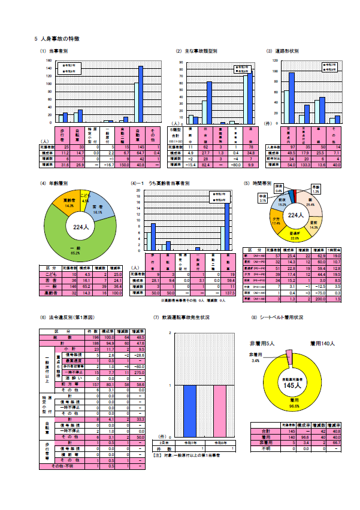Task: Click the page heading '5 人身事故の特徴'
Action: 58,38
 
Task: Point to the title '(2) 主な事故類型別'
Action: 196,51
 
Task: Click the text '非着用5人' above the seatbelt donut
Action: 262,344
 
